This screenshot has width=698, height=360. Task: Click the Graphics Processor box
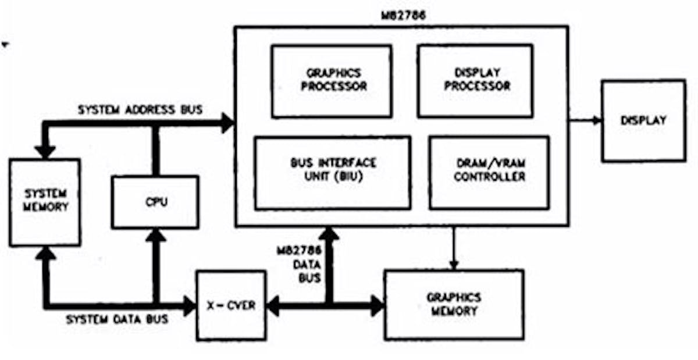(x=332, y=80)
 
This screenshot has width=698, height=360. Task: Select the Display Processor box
(x=475, y=80)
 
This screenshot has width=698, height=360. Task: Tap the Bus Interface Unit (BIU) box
(x=333, y=172)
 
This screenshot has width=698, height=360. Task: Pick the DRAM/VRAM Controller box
(x=489, y=172)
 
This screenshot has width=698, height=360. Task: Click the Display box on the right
(x=643, y=121)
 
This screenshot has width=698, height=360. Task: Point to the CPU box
(x=155, y=202)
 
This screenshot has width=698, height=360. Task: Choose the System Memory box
(x=45, y=202)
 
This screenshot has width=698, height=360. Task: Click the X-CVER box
(x=231, y=305)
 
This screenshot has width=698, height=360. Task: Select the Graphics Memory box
(x=454, y=305)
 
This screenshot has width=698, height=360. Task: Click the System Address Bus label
(x=140, y=109)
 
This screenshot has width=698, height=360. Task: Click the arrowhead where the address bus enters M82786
(x=227, y=122)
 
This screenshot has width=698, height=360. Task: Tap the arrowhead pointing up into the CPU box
(x=155, y=236)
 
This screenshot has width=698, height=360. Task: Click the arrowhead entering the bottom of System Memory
(x=45, y=253)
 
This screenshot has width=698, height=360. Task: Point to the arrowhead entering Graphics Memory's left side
(x=377, y=305)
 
